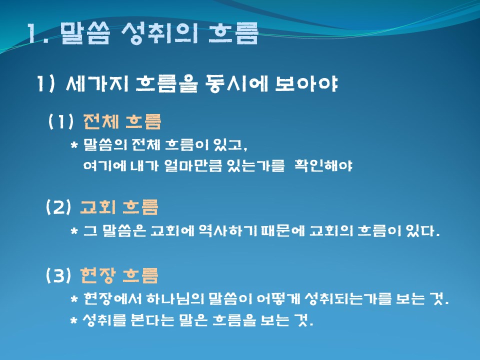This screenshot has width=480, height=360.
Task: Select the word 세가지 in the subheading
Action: click(96, 83)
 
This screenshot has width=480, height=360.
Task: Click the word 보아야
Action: click(306, 83)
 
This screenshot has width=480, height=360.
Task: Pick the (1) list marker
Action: click(61, 121)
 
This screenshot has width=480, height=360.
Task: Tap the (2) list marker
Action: click(58, 207)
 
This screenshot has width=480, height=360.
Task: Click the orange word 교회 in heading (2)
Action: click(98, 206)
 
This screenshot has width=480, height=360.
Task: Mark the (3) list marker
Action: click(58, 275)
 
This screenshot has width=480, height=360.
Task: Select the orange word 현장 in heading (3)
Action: click(98, 275)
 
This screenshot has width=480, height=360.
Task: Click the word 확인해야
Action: click(323, 165)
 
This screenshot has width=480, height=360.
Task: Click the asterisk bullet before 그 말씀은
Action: click(74, 231)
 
